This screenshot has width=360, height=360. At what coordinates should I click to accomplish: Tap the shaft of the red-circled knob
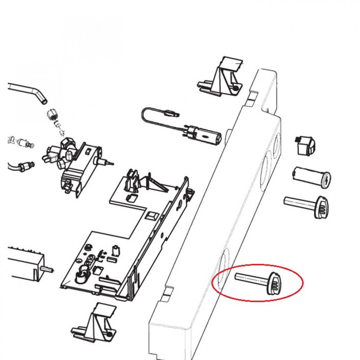point(249,278)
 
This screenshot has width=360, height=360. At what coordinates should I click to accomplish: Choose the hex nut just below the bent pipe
point(51,115)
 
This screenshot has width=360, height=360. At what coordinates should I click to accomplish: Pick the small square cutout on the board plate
point(152,216)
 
